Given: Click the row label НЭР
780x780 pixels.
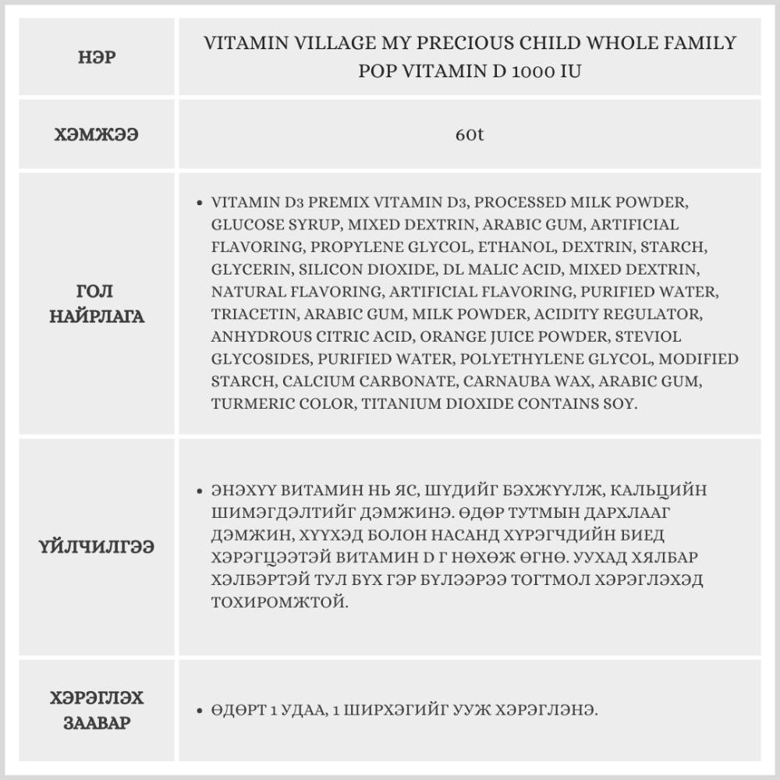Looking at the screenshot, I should point(97,58).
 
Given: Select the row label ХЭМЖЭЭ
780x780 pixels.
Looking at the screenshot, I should point(97,134).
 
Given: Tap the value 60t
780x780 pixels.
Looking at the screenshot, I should point(470,134).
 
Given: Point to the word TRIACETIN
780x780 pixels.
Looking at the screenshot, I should point(251,314).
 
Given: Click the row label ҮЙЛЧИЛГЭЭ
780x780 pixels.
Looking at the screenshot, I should point(97,547).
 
